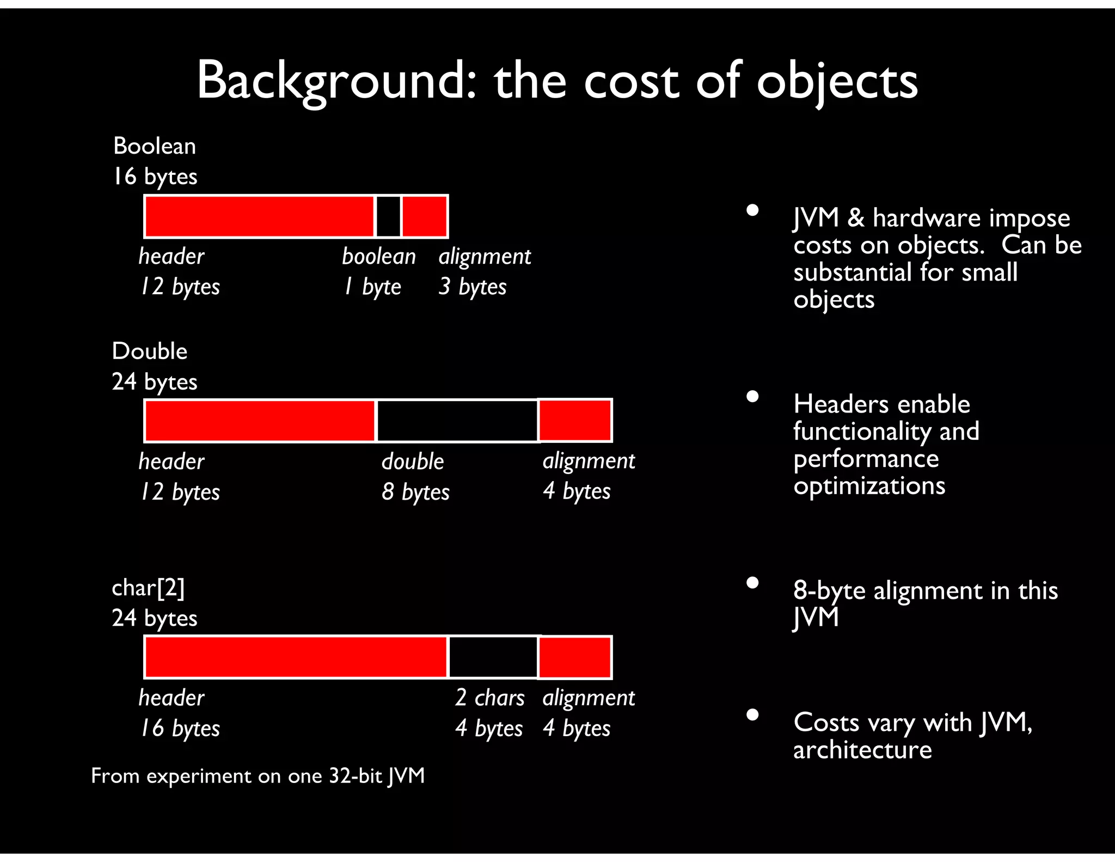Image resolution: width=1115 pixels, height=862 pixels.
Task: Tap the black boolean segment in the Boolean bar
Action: tap(388, 216)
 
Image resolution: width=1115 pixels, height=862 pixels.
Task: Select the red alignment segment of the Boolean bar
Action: tap(425, 216)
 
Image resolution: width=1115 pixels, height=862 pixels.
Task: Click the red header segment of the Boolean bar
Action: tap(260, 216)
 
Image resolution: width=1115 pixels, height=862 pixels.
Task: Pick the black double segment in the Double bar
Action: tap(457, 421)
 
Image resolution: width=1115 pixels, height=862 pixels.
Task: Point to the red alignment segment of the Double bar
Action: tap(575, 421)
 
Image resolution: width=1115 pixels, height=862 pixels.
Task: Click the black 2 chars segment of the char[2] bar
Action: tap(493, 657)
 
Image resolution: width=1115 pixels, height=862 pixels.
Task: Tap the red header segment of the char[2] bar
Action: tap(296, 657)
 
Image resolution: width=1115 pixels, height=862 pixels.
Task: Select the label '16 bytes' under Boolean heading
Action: tap(155, 177)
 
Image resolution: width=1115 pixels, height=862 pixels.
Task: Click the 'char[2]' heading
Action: tap(148, 588)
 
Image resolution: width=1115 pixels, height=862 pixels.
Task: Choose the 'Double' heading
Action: tap(150, 351)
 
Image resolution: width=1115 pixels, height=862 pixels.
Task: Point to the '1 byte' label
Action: tap(373, 287)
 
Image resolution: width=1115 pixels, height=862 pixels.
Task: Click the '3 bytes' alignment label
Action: tap(473, 287)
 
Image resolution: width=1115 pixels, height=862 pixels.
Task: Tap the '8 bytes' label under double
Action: tap(415, 492)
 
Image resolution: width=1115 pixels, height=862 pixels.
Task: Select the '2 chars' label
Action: tap(489, 698)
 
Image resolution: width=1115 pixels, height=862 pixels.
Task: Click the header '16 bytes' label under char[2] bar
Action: tap(180, 729)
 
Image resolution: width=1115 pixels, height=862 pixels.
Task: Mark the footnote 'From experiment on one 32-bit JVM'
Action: tap(258, 776)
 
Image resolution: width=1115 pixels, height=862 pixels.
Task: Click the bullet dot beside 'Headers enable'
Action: tap(752, 397)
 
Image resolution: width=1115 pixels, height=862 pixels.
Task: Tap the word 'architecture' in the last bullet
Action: tap(862, 750)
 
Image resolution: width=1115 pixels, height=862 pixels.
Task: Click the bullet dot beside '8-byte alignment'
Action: tap(752, 583)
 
